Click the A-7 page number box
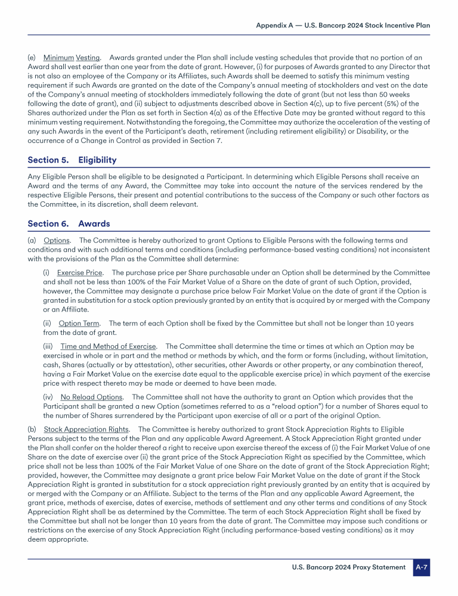pyautogui.click(x=422, y=567)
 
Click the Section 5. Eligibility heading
pyautogui.click(x=72, y=160)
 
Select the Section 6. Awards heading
pyautogui.click(x=69, y=224)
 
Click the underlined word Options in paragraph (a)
pyautogui.click(x=57, y=240)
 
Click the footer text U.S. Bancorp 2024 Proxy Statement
pyautogui.click(x=348, y=567)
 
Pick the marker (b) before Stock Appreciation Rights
pyautogui.click(x=32, y=429)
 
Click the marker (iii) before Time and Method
pyautogui.click(x=48, y=346)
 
